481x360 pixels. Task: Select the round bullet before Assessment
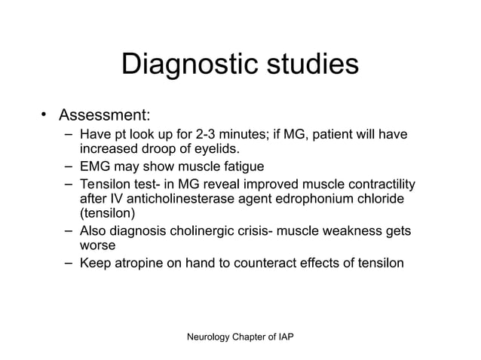(44, 115)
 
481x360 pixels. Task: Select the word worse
(98, 246)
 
